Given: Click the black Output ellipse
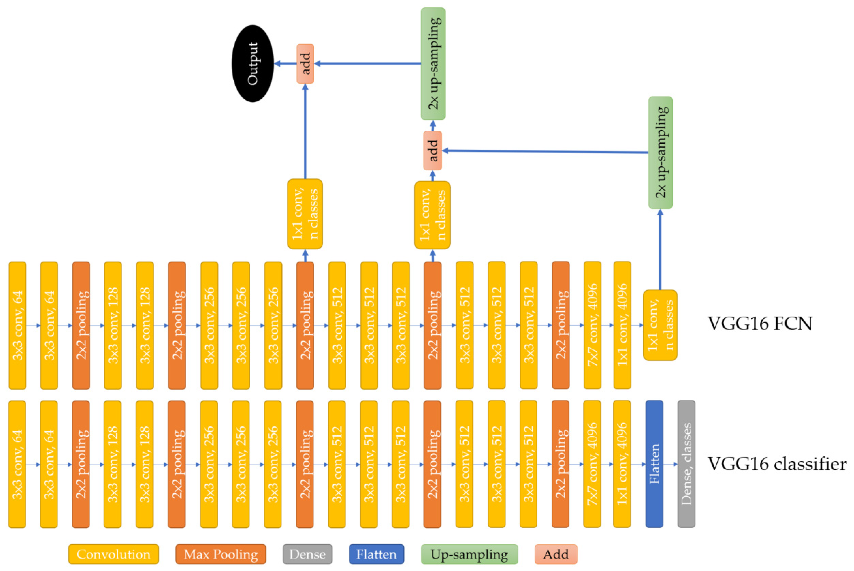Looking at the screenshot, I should tap(253, 63).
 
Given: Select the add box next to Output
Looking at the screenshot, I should tap(305, 64).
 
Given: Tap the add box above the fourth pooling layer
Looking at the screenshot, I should tap(432, 150).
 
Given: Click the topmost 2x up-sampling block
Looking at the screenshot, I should tap(433, 64).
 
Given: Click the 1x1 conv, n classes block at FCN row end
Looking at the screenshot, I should tap(660, 325).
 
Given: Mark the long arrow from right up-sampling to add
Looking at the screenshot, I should tap(546, 151).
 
